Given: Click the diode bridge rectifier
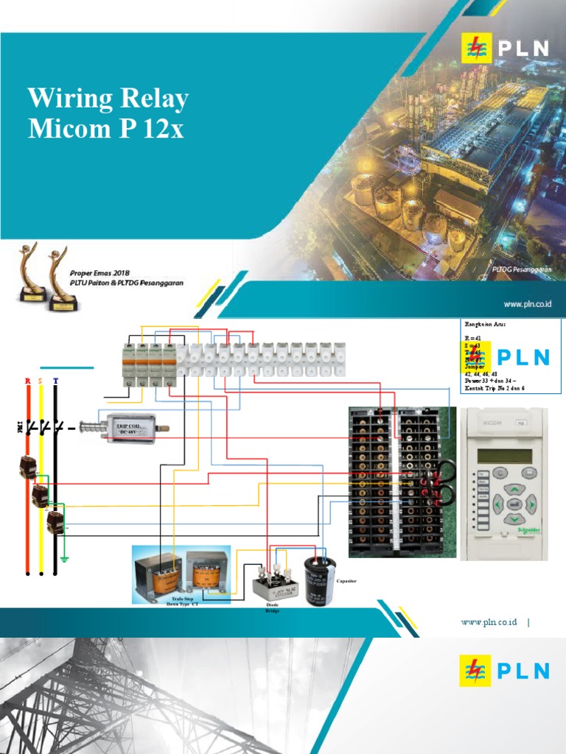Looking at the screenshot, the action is pos(275,583).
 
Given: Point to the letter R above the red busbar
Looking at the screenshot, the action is pos(28,381).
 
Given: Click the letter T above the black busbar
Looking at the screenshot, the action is pos(55,381).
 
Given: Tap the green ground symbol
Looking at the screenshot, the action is pos(65,557).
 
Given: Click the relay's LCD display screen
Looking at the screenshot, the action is pos(504,456).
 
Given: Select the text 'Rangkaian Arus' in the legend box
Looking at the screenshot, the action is pos(485,324).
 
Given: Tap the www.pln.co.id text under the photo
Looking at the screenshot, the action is pos(528,303).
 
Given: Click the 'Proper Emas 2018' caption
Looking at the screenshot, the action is pos(100,272).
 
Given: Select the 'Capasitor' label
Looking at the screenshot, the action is pos(346,581).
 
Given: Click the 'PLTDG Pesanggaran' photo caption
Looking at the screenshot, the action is pos(522,270).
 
